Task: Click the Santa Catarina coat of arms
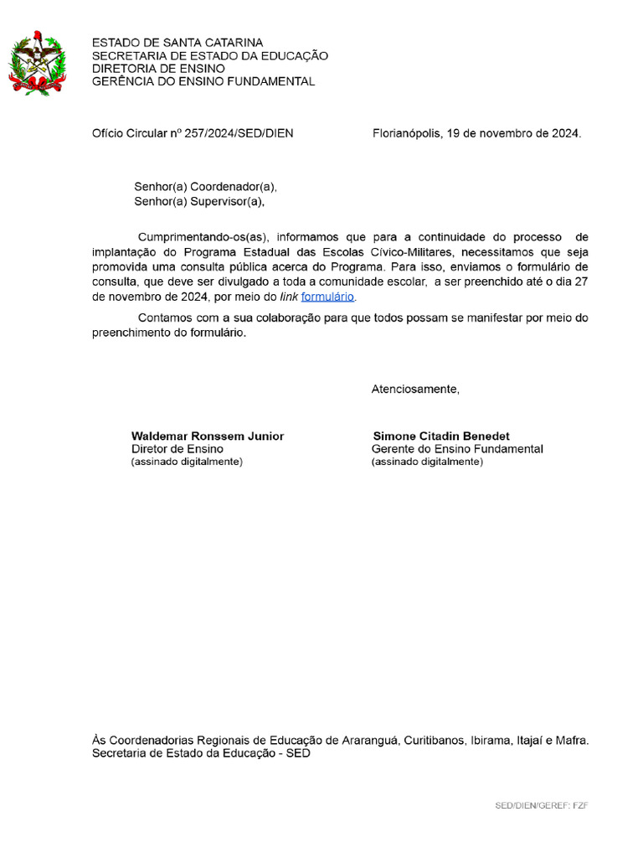(37, 63)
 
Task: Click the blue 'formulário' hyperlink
(328, 297)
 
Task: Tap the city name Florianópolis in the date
(407, 133)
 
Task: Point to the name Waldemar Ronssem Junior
(208, 437)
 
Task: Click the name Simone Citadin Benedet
(441, 437)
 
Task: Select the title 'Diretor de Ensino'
(177, 449)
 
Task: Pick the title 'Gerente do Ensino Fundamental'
(457, 449)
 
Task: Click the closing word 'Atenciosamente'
(415, 389)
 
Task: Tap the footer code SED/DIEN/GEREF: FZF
(541, 805)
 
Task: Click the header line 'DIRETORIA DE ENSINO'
(158, 69)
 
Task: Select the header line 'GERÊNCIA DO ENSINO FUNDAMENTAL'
(203, 81)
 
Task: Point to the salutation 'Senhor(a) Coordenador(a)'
(205, 187)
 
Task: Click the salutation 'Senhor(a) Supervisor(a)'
(199, 201)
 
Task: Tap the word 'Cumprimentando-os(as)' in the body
(200, 237)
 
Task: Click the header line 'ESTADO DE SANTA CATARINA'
(177, 43)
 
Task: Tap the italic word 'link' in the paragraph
(288, 297)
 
